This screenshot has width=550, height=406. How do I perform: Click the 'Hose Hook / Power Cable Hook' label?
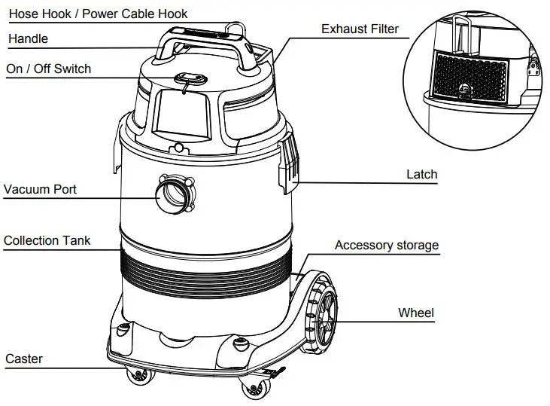97,14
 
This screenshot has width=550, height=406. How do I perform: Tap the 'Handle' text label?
27,38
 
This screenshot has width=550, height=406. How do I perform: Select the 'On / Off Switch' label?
48,69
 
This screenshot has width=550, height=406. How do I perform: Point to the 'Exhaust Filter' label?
360,29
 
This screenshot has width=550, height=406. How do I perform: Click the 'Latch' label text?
421,174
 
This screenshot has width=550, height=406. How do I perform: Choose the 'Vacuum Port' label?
40,189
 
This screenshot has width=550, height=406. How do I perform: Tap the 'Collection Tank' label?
47,240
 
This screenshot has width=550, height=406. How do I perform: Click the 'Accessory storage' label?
386,245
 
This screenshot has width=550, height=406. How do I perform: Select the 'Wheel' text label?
416,312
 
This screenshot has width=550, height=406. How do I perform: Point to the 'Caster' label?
24,359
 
